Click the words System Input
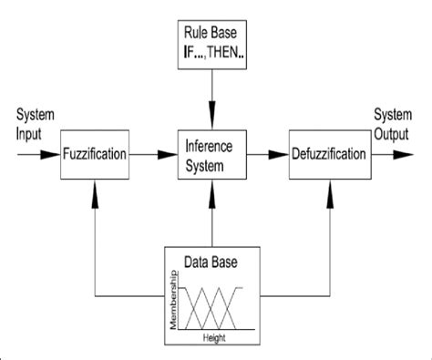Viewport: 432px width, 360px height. coord(34,125)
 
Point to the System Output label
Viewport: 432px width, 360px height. coord(395,125)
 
